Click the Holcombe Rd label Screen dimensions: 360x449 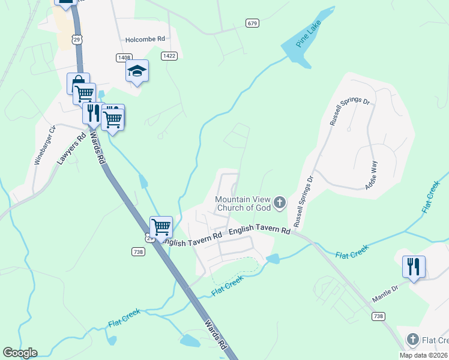pos(145,39)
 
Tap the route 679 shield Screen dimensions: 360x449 pos(252,23)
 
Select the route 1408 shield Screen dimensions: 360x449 pos(124,57)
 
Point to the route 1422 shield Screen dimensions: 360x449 pos(169,55)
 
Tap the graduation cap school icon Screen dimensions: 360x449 pos(137,71)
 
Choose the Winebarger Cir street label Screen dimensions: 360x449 pos(44,145)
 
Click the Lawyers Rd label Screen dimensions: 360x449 pos(68,150)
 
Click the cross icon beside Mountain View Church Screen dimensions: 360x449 pos(279,203)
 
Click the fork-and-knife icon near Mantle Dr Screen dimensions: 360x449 pos(414,266)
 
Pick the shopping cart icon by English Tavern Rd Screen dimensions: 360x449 pos(161,227)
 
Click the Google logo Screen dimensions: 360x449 pos(20,353)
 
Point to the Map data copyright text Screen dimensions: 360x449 pos(423,355)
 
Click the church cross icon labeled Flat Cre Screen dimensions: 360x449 pos(412,340)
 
